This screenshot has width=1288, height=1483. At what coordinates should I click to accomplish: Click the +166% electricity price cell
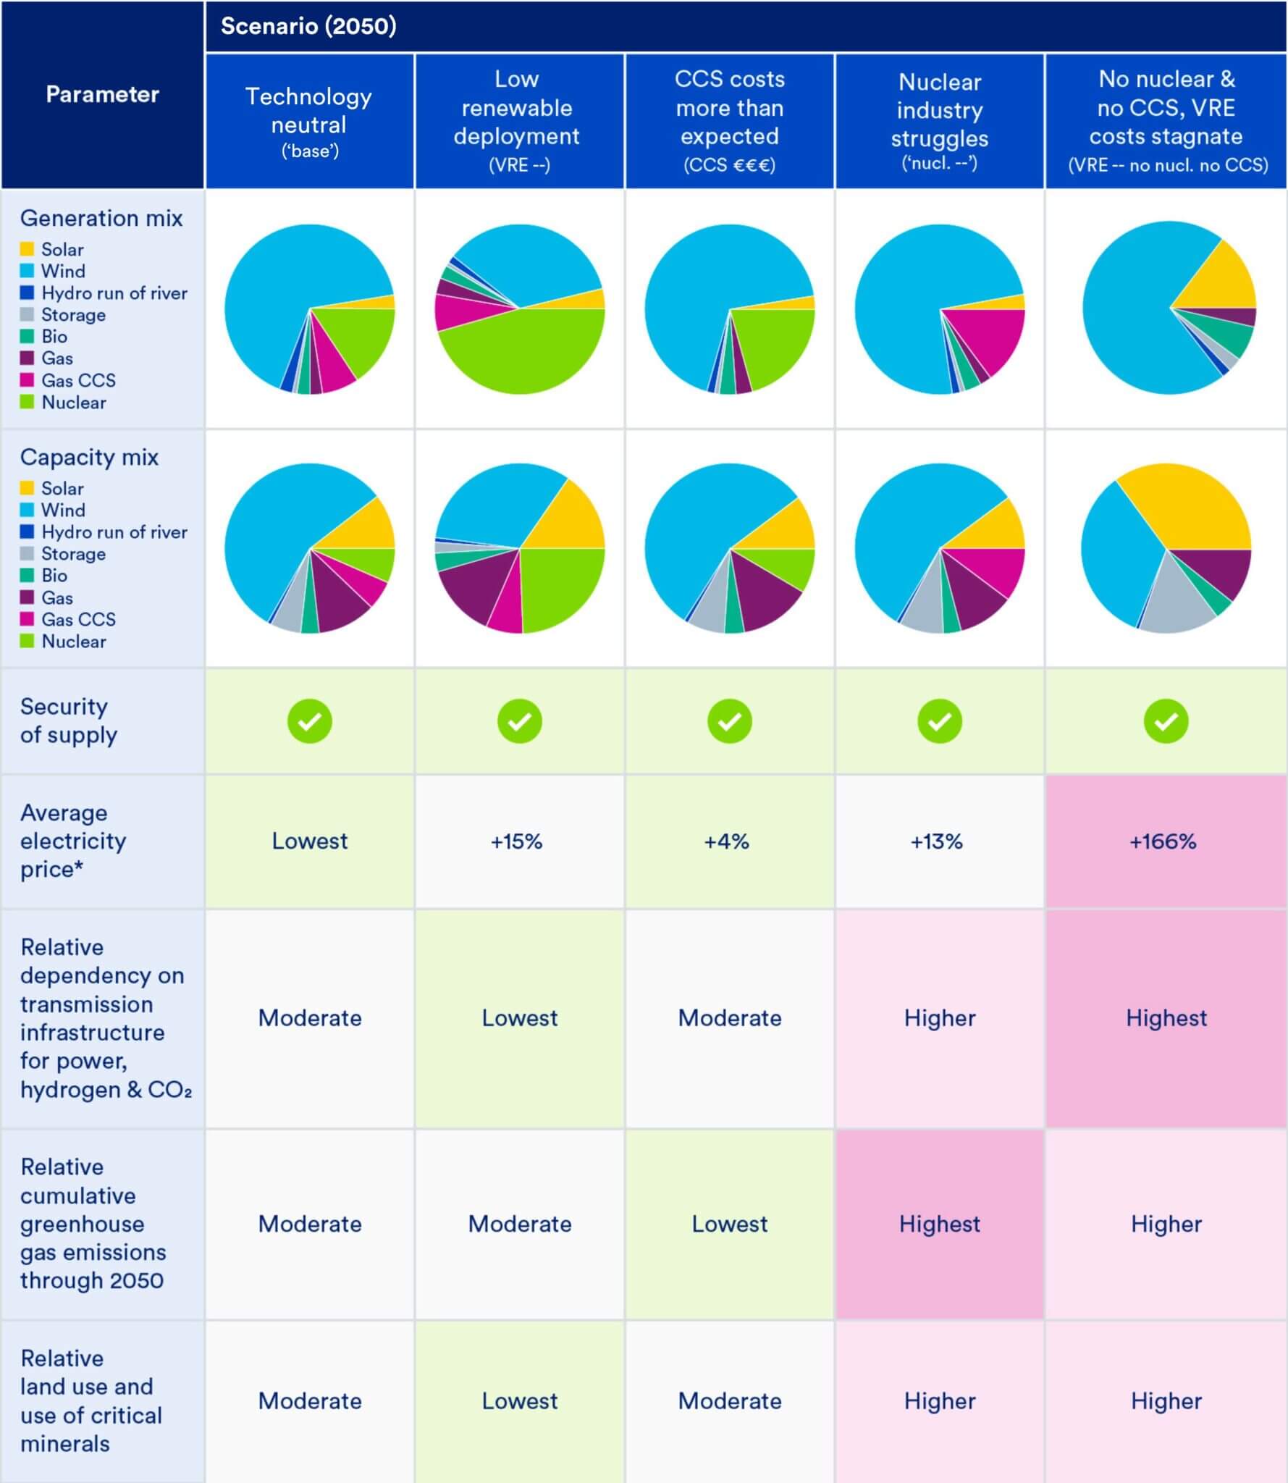tap(1163, 841)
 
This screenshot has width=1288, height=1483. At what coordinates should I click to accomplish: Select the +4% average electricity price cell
tap(727, 841)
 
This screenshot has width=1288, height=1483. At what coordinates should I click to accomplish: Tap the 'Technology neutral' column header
tap(309, 120)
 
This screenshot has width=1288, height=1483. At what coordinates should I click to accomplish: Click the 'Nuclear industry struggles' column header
tap(939, 120)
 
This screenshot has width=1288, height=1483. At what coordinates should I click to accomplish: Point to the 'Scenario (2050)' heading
tap(308, 26)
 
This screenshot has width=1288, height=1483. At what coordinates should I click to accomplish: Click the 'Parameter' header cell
tap(102, 94)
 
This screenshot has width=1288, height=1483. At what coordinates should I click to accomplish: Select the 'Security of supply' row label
tap(69, 721)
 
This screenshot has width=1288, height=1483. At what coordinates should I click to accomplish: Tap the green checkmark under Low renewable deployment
tap(519, 721)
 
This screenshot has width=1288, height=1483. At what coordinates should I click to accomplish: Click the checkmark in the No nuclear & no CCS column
tap(1166, 721)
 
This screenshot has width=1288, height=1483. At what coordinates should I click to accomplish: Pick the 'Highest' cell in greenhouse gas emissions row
tap(939, 1224)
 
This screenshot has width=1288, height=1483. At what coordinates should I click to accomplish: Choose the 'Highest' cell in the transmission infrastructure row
tap(1166, 1018)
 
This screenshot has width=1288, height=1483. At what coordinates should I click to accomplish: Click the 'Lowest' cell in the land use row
tap(519, 1400)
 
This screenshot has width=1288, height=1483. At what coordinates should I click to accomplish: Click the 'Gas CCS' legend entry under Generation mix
tap(77, 380)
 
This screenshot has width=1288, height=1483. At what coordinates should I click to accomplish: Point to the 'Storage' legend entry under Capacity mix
tap(72, 554)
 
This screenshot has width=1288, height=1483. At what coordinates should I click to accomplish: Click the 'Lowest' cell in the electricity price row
tap(309, 841)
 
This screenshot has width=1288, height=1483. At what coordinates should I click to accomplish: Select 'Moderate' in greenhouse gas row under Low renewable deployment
tap(519, 1224)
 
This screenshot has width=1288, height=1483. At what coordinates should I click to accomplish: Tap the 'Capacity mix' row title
tap(89, 458)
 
